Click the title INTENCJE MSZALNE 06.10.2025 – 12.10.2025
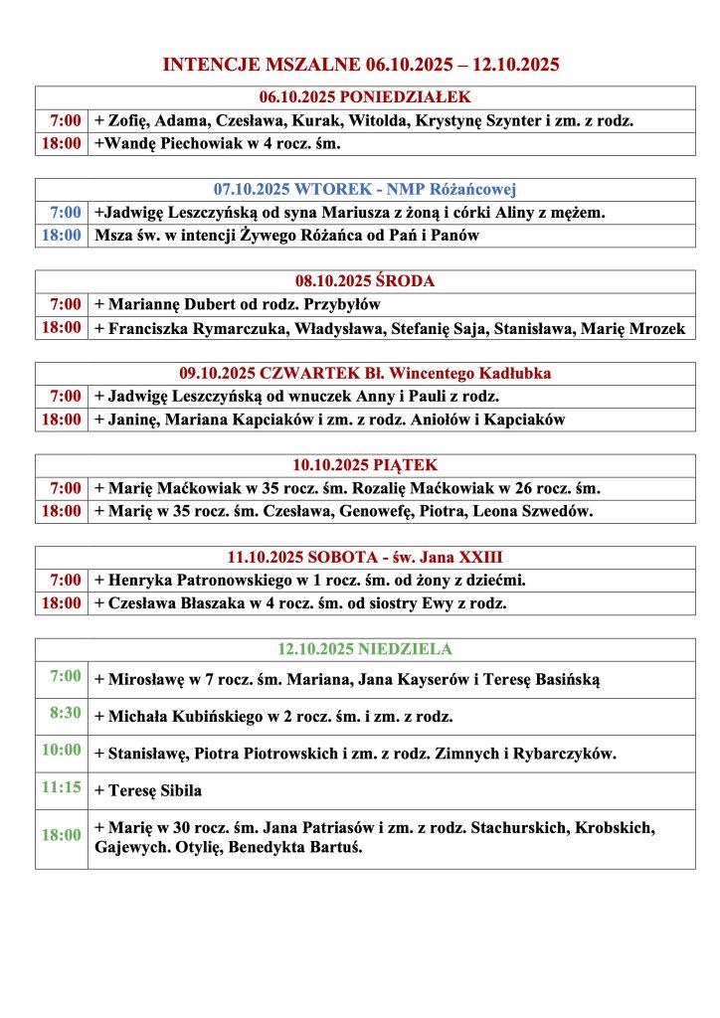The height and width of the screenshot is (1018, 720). pos(360,66)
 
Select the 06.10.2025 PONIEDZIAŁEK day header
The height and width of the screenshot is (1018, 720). pos(365,97)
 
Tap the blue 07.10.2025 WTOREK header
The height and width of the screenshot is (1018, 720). pos(365,190)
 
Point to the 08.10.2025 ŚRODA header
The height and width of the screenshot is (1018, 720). pos(365,281)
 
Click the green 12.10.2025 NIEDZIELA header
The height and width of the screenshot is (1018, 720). pos(365,649)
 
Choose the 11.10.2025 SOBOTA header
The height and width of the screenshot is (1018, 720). pos(365,557)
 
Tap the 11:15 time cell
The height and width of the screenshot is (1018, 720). pos(62,787)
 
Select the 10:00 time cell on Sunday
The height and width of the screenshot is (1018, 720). pos(62,750)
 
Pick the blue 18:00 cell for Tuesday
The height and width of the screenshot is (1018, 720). pos(62,236)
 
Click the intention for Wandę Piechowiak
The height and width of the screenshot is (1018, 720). pos(218,144)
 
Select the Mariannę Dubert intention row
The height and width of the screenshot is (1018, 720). pos(238,304)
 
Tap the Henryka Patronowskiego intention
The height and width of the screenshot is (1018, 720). pos(309,580)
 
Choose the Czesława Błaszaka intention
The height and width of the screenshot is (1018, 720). pos(300,603)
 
